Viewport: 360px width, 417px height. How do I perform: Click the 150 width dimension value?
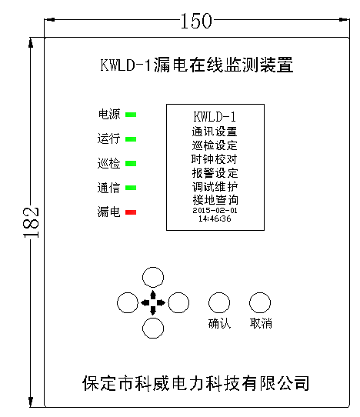196,21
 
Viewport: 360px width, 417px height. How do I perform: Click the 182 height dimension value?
31,222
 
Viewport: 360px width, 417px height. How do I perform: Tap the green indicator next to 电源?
131,115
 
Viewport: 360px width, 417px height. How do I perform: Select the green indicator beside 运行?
131,139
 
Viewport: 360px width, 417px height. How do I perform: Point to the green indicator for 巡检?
131,163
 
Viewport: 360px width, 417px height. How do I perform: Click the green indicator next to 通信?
131,188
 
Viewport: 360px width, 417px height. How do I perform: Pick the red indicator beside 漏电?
131,212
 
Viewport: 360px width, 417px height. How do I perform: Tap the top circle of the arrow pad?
153,267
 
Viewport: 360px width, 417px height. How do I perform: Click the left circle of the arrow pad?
117,302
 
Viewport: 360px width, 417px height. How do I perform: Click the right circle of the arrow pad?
189,302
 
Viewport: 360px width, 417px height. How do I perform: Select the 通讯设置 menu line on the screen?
215,132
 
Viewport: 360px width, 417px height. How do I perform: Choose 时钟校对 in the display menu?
215,159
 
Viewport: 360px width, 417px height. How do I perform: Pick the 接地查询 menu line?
215,200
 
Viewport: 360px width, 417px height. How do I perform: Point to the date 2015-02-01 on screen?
215,211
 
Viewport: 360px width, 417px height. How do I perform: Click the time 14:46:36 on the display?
215,219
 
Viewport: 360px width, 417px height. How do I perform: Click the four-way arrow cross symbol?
153,302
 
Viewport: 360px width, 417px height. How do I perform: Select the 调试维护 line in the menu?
215,187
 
